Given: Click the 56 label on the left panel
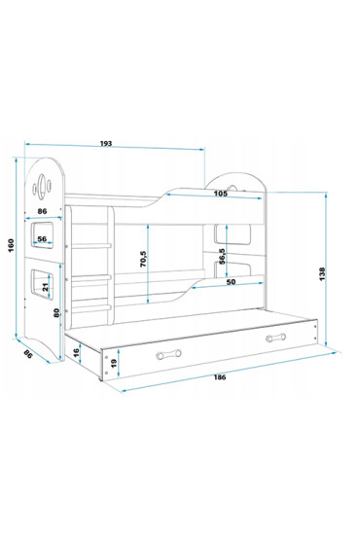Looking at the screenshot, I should tap(44, 239).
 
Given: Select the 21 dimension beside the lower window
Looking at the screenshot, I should tap(46, 285).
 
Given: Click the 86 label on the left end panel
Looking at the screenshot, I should tap(44, 210).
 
